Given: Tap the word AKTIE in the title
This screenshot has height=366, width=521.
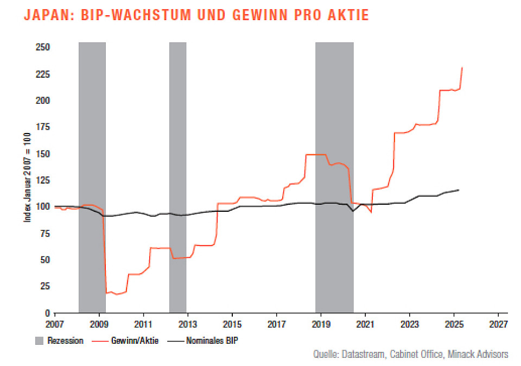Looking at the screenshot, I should tap(347, 15).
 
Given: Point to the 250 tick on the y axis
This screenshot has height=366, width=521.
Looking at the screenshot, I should tap(43, 48).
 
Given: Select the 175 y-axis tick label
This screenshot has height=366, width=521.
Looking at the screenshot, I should tap(43, 127).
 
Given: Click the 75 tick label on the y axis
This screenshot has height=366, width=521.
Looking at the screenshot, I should tap(45, 234).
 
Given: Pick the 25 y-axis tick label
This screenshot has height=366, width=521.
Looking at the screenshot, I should tap(45, 286).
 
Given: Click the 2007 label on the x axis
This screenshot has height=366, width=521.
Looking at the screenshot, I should tap(55, 324).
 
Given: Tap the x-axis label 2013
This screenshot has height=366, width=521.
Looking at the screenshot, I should tap(187, 324).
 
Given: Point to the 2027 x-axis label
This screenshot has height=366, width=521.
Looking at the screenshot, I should tap(498, 324).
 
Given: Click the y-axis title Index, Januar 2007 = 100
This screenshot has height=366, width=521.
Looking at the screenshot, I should tap(27, 179).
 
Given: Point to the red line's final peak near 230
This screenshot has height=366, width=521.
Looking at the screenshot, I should tap(462, 68).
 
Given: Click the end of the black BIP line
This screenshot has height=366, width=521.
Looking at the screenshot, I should tap(459, 190).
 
